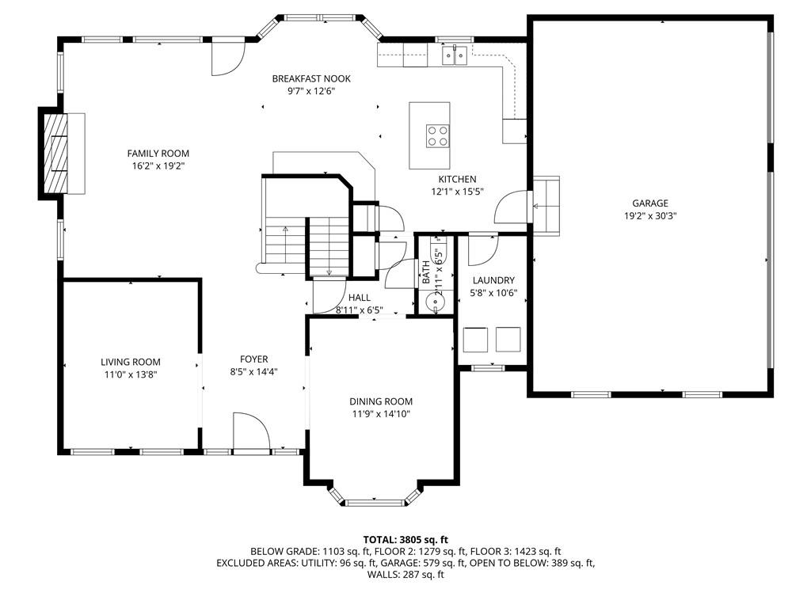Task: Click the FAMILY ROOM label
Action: (x=158, y=154)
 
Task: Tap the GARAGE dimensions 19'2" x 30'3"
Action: (x=650, y=216)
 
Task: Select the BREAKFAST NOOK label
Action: (x=311, y=78)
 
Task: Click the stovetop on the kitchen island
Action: (x=437, y=135)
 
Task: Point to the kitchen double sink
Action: (x=455, y=55)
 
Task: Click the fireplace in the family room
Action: (x=55, y=153)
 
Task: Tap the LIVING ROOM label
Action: (x=131, y=362)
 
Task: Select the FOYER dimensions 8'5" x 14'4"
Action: (x=254, y=372)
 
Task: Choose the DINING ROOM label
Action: (x=381, y=401)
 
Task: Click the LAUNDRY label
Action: (x=493, y=280)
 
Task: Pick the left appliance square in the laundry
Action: (x=475, y=340)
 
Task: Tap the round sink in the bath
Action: (x=432, y=300)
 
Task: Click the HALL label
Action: (x=360, y=298)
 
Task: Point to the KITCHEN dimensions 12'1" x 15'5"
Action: (x=457, y=192)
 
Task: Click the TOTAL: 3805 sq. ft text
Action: (x=405, y=541)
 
